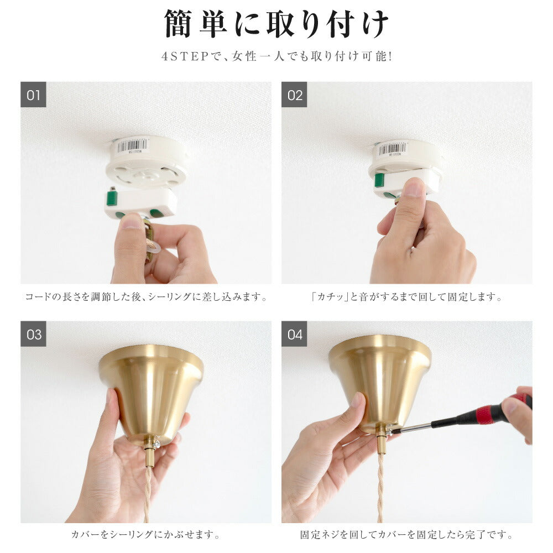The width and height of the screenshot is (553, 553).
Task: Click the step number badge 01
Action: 33,95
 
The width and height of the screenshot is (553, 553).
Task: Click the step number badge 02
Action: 294,95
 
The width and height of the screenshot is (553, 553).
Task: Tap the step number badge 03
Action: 33,333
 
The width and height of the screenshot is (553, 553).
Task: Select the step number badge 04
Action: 294,333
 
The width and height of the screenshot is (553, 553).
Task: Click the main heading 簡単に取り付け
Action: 276,24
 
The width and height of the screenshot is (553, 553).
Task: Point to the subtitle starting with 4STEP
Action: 276,56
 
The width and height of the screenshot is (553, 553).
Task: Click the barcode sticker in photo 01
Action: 132,145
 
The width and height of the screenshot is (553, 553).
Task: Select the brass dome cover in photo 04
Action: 380,383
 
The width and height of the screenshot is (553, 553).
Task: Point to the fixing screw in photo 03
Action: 157,444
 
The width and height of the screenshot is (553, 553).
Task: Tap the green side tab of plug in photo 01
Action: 112,199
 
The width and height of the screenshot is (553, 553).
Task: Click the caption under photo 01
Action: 146,297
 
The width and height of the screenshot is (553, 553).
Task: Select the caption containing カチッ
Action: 407,297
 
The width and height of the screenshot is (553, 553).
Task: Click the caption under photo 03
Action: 146,535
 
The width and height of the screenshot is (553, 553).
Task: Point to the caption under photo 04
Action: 407,535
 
